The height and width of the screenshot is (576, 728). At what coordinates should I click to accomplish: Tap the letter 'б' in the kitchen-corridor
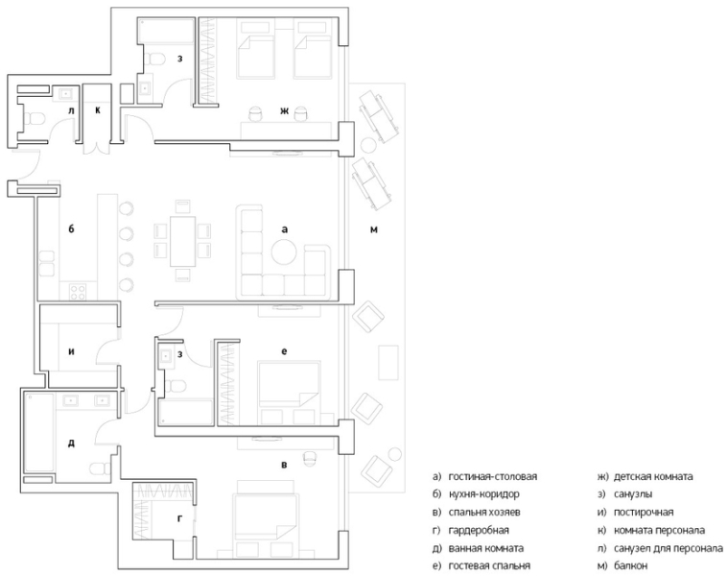pos(72,229)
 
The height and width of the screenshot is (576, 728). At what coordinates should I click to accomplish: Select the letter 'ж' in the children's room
pos(284,112)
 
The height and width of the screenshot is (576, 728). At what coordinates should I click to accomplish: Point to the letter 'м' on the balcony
pos(375,230)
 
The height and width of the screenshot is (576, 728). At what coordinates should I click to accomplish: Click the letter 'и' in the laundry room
pos(71,351)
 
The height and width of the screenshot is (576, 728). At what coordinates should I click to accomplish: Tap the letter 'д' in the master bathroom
pos(71,443)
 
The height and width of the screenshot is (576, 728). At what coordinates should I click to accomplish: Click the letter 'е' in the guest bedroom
pos(284,351)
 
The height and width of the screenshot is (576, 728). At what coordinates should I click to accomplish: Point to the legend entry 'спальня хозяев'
pos(482,512)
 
